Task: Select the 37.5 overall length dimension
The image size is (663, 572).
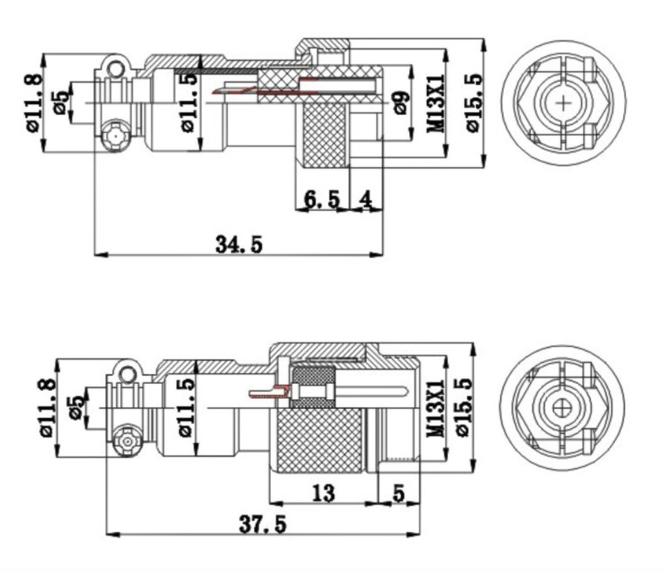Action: click(x=263, y=524)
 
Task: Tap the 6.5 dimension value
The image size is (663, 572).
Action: click(x=322, y=199)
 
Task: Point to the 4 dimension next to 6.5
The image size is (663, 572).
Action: click(x=366, y=199)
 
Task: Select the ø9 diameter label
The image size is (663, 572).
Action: click(x=399, y=103)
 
